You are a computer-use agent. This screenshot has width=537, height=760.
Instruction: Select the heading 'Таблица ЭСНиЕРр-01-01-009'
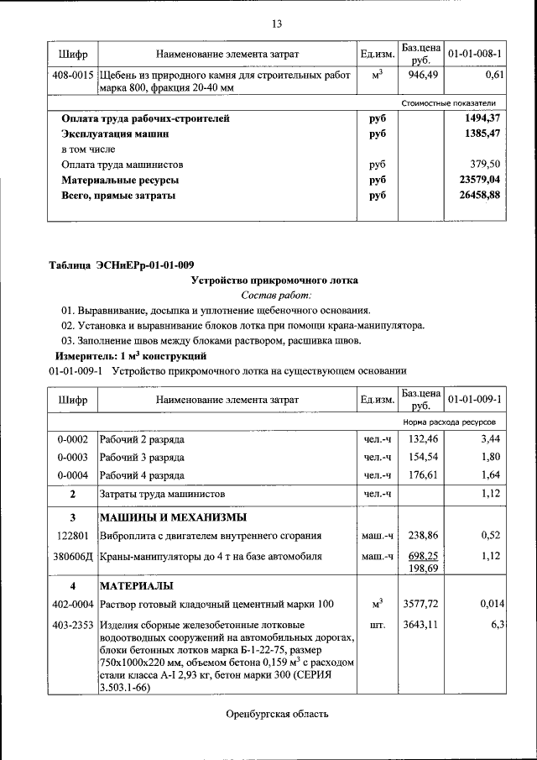121,265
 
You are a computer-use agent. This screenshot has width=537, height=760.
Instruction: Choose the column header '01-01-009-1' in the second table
474,399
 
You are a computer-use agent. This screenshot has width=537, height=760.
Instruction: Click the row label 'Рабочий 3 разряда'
142,457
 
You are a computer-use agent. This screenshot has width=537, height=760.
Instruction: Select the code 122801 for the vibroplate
73,534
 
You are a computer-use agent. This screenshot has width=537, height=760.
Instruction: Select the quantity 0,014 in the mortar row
490,603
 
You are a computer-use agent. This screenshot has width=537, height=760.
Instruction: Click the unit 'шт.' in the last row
377,624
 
